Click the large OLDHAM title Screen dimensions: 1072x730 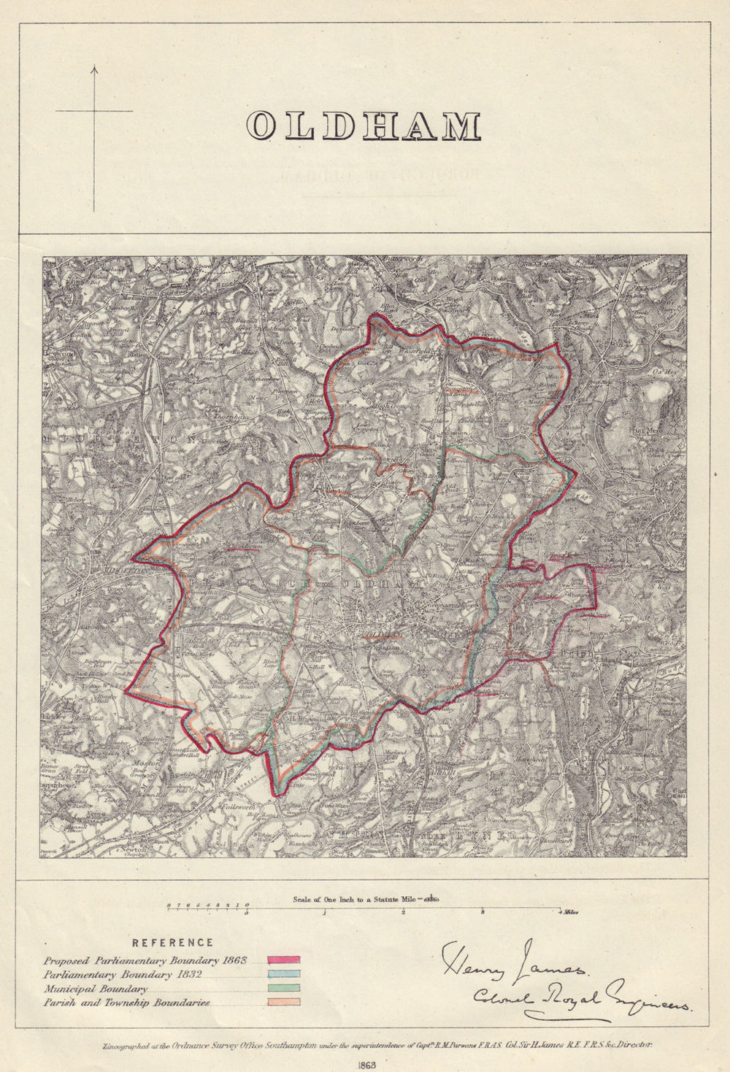point(363,126)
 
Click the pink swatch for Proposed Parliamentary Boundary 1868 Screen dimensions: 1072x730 point(283,960)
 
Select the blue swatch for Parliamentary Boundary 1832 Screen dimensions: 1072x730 point(283,973)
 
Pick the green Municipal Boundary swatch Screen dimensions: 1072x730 point(283,988)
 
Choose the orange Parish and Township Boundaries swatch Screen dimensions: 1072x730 point(283,1002)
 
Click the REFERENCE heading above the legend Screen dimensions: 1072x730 point(173,943)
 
